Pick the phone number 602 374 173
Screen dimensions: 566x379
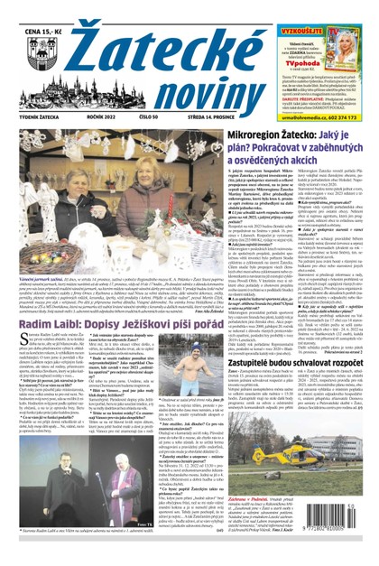click(347, 116)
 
